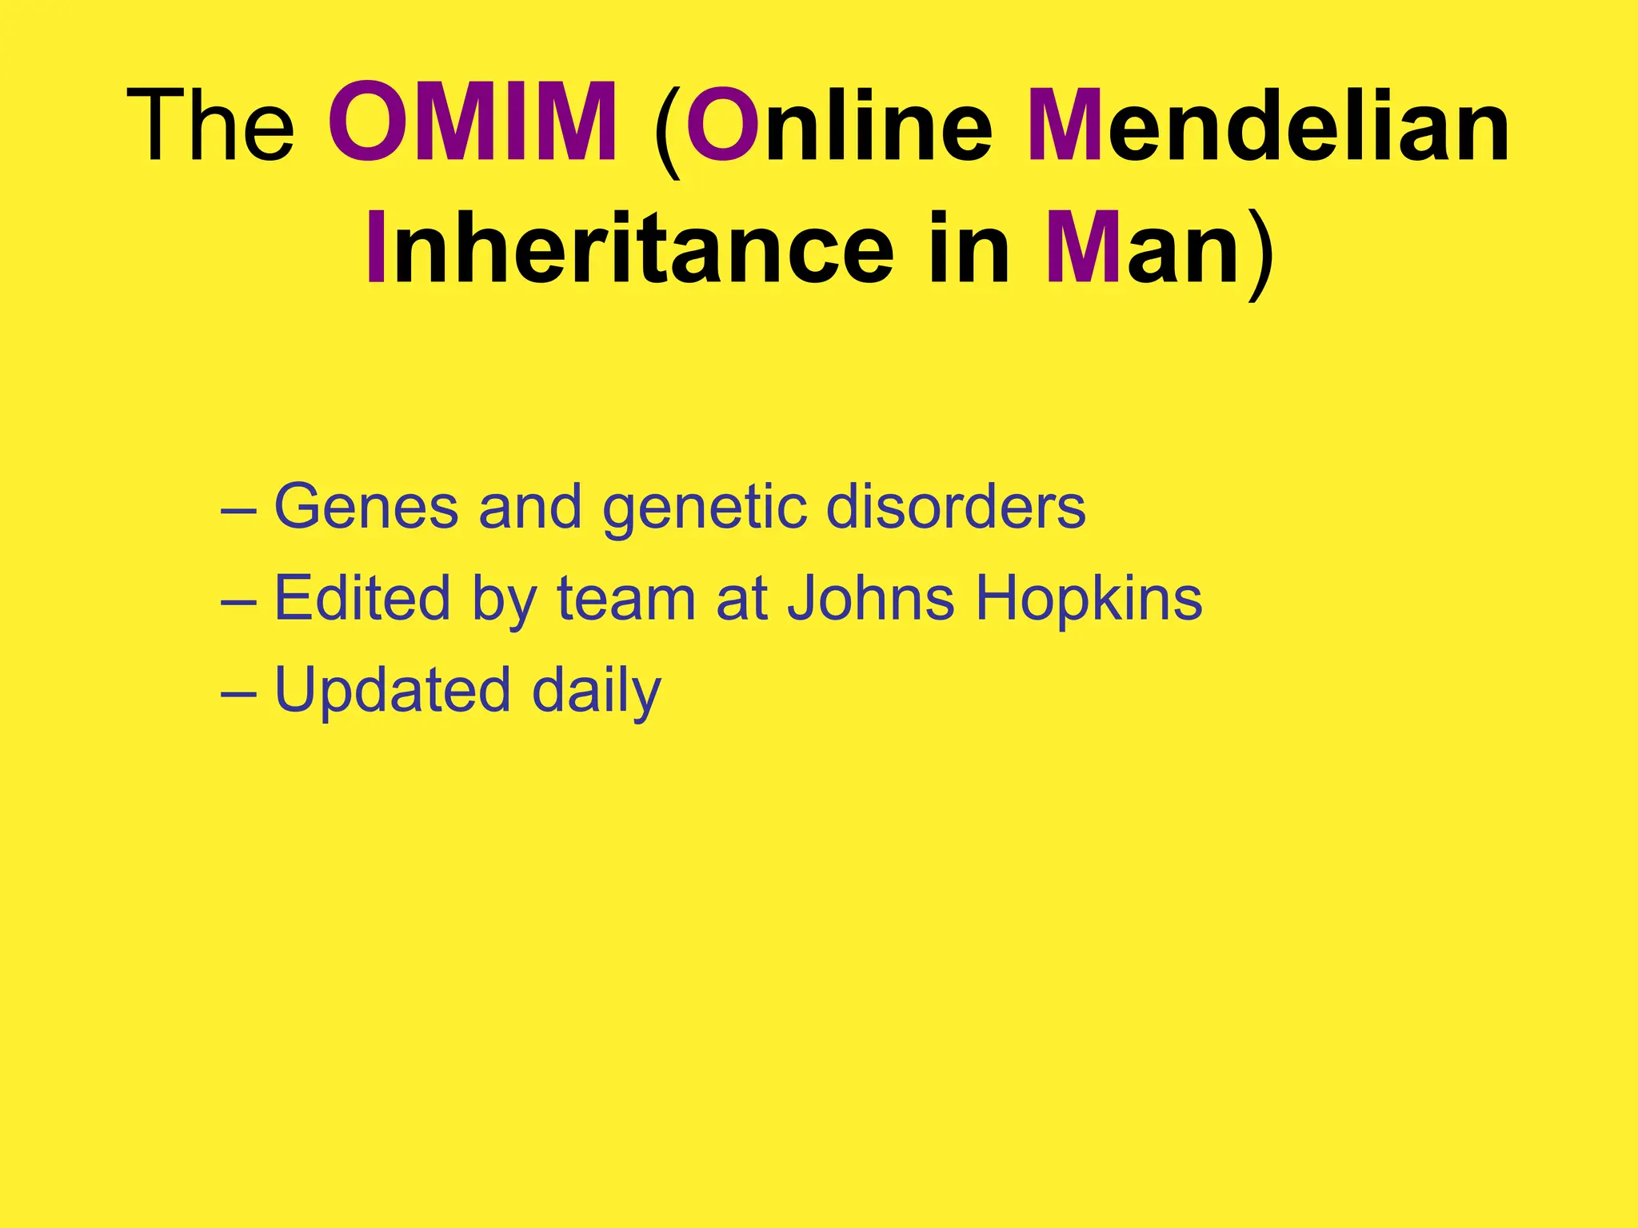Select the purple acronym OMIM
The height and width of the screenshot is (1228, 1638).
[x=473, y=124]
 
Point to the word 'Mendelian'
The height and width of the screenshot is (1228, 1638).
[x=1268, y=126]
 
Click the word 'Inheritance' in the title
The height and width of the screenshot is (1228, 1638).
[x=629, y=247]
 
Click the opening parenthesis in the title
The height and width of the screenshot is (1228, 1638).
[x=668, y=128]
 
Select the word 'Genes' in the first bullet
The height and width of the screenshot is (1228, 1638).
[x=366, y=507]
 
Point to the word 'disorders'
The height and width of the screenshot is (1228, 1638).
[x=956, y=507]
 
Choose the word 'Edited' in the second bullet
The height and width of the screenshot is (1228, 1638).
[x=362, y=598]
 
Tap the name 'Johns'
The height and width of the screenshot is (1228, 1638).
[x=871, y=598]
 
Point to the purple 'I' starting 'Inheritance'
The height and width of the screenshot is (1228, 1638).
[x=376, y=247]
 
